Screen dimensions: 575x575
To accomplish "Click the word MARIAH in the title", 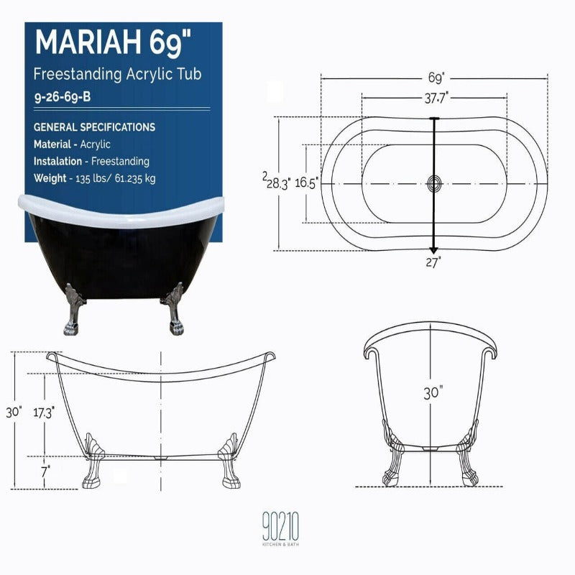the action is pos(88,42).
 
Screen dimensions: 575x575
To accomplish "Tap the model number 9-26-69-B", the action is pos(63,97).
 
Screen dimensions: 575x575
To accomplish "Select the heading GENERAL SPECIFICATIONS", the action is pos(94,127).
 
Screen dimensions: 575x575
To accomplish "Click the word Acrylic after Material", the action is pos(95,144).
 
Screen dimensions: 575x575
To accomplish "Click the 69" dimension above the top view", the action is pos(436,78).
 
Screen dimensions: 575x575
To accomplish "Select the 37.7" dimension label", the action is pos(436,98).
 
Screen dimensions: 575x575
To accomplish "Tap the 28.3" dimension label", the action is pos(278,183).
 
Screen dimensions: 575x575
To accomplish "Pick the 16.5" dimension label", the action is pos(307,183).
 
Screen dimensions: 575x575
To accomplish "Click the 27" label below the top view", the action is pos(433,262).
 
